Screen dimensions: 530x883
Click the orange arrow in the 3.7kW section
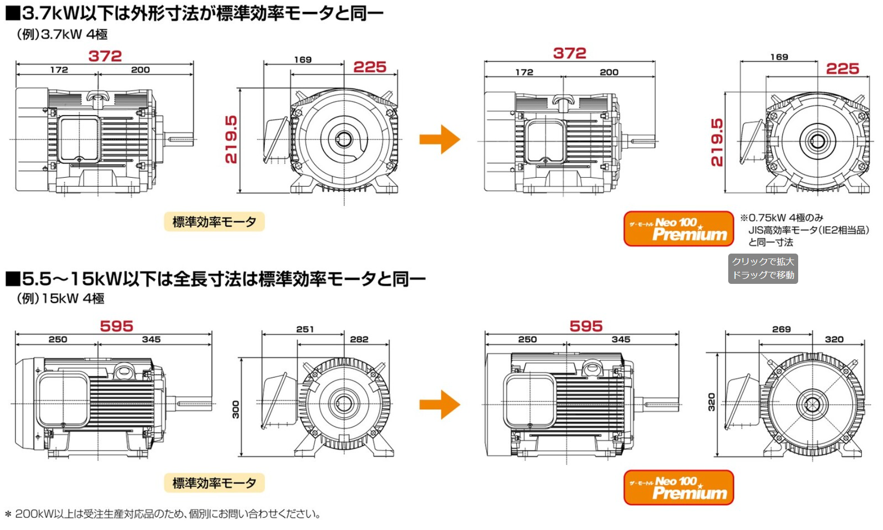coord(440,139)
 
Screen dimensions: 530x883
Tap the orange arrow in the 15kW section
coord(440,404)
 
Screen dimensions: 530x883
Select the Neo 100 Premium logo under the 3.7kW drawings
coord(678,229)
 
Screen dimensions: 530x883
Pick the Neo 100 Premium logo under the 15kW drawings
coord(678,487)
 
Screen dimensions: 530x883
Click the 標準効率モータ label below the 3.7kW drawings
coord(214,222)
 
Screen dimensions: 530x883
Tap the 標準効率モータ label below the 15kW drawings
coord(214,483)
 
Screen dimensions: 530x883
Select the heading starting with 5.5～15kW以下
coord(216,279)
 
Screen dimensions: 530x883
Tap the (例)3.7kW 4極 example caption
coord(62,34)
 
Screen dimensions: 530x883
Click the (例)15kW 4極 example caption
coord(61,298)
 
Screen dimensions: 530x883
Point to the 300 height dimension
coord(236,409)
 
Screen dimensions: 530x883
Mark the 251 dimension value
coord(305,329)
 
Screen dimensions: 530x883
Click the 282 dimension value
coord(359,339)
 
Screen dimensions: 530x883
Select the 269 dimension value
coord(781,329)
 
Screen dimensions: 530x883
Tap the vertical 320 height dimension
coord(711,402)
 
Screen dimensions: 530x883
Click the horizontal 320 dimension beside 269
coord(834,339)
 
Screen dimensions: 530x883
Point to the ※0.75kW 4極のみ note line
coord(782,218)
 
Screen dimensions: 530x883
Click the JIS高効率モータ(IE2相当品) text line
coord(809,230)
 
